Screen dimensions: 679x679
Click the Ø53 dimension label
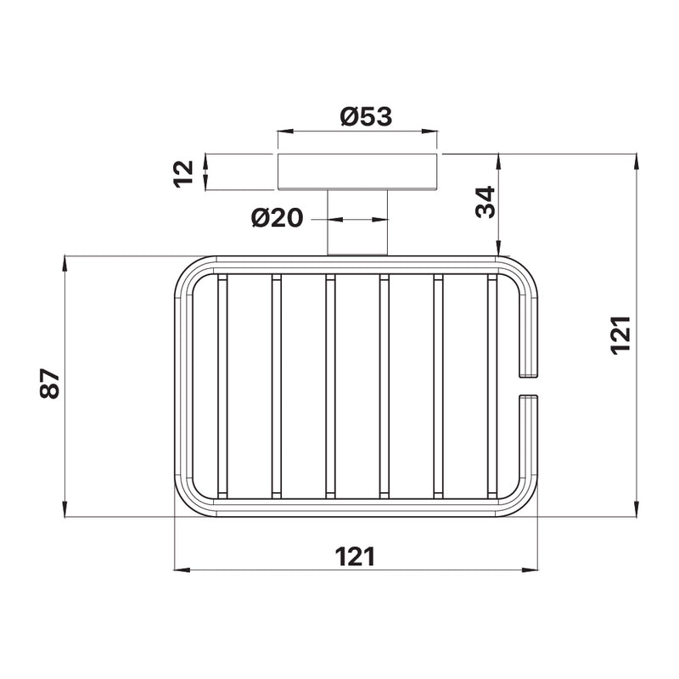pyautogui.click(x=366, y=117)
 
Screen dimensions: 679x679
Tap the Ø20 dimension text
pyautogui.click(x=278, y=218)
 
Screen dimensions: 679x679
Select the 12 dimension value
pyautogui.click(x=183, y=174)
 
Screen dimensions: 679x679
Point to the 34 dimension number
pyautogui.click(x=485, y=202)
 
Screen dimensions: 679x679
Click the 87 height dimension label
pyautogui.click(x=49, y=384)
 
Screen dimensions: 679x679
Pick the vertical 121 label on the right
pyautogui.click(x=621, y=335)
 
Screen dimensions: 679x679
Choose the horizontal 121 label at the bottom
pyautogui.click(x=355, y=557)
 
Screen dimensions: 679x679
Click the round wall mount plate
pyautogui.click(x=357, y=171)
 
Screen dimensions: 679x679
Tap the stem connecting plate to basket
pyautogui.click(x=357, y=222)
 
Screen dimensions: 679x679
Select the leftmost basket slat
pyautogui.click(x=222, y=386)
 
